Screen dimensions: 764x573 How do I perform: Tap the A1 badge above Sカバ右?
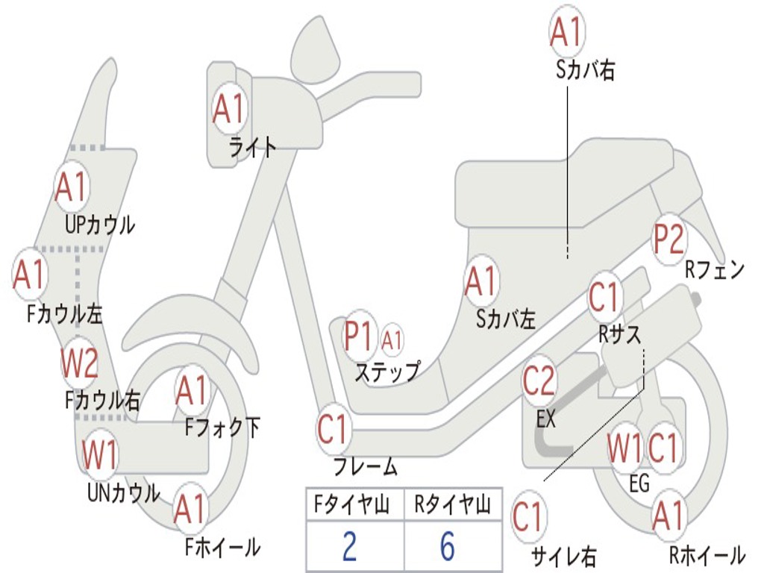565,32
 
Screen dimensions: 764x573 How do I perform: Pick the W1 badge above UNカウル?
99,454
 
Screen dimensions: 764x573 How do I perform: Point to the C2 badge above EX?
539,381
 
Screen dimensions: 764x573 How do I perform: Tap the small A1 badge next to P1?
392,340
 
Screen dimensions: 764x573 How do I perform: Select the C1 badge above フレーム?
333,430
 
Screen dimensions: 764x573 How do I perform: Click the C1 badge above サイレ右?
528,517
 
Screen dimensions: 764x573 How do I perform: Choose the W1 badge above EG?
624,448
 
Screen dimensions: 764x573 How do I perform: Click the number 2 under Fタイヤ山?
349,547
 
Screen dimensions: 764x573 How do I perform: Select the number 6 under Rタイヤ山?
447,547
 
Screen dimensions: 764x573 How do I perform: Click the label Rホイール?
707,555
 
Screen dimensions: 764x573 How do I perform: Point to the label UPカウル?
100,224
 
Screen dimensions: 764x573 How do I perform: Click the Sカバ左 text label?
506,319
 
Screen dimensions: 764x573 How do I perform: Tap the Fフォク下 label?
222,428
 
